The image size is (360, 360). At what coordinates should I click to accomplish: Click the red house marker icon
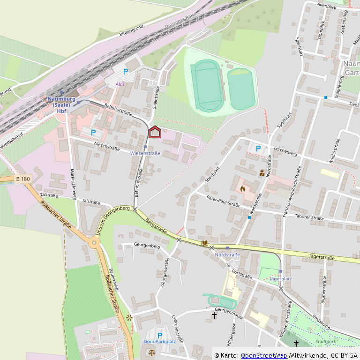click(x=155, y=133)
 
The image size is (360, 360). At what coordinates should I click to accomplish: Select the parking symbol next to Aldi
click(x=125, y=72)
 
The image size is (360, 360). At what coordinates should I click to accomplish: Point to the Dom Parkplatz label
click(x=159, y=341)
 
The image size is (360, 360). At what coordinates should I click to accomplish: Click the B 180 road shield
click(x=22, y=179)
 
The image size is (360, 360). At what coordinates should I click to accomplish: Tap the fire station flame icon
click(x=242, y=189)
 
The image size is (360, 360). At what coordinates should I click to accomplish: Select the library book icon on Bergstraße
click(x=204, y=243)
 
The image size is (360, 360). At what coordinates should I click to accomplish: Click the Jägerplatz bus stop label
click(x=281, y=278)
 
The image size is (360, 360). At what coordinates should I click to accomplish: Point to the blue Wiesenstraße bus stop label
click(x=145, y=153)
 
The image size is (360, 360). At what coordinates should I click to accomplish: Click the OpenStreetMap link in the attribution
click(x=263, y=355)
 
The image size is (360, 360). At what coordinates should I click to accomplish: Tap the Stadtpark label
click(x=326, y=342)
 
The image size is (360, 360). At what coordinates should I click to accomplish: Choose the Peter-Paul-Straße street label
click(x=223, y=201)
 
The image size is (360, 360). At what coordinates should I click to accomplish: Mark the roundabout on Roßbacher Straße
click(x=95, y=243)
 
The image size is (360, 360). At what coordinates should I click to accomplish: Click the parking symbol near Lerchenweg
click(x=258, y=149)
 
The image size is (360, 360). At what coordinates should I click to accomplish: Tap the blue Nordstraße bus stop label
click(x=227, y=255)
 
